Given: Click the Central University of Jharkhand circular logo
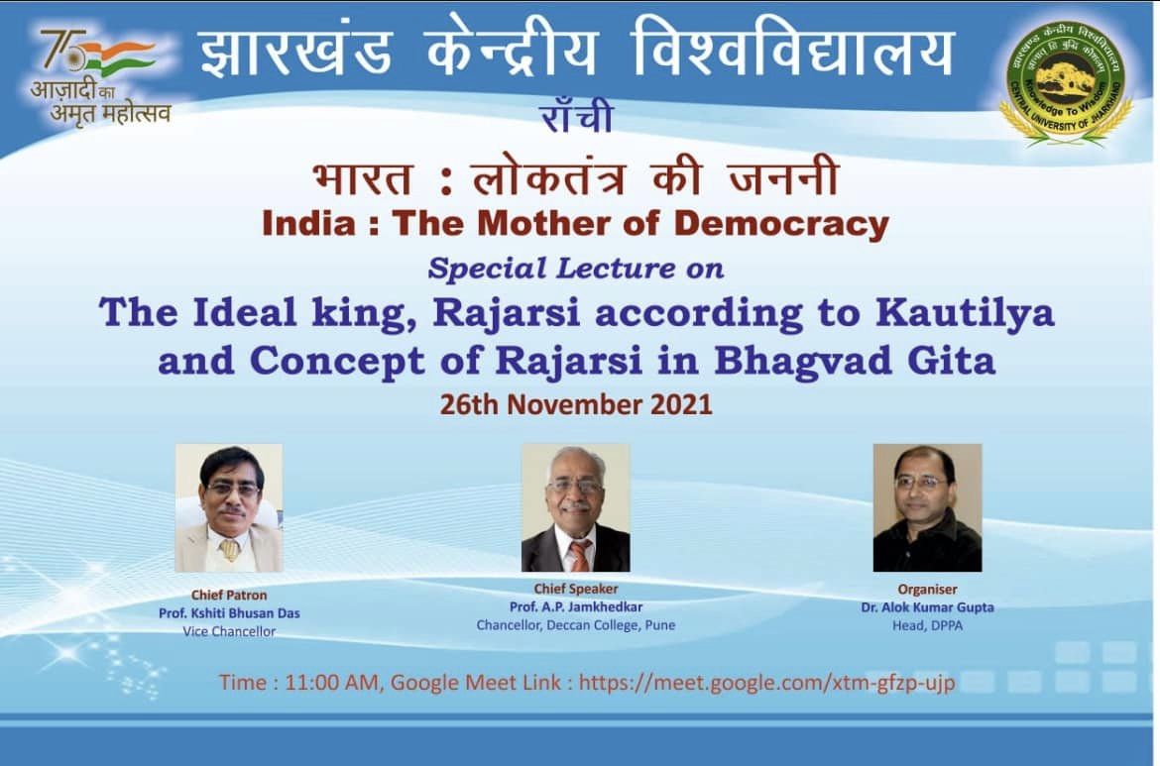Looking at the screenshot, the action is pos(1066,80).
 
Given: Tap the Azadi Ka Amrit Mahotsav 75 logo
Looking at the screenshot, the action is pos(101,75).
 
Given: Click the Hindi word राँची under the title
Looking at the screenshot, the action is pos(577,116).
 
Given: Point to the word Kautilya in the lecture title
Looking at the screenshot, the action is pos(966,313).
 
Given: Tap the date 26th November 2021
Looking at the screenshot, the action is pos(576,404).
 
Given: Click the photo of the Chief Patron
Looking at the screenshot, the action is pos(229,507).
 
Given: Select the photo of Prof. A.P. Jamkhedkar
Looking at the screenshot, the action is pos(576,507).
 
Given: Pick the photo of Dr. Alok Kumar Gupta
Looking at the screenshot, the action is pos(927,507).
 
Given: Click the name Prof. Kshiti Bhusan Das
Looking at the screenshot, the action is pos(229,613).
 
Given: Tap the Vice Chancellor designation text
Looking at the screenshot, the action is pos(229,631).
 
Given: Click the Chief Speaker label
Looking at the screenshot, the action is pos(576,589).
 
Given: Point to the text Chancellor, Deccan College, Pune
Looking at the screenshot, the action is pos(576,625).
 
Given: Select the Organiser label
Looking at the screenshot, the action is pos(927,590).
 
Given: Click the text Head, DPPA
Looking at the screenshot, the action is pos(927,625).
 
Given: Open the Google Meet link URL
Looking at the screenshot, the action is pos(767,683).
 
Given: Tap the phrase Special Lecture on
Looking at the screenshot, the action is pos(576,269).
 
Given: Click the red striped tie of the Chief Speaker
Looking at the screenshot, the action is pos(579,555).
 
